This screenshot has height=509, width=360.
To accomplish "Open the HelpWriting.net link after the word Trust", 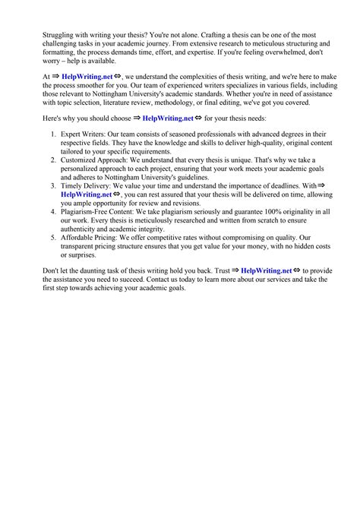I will tap(266, 270).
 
